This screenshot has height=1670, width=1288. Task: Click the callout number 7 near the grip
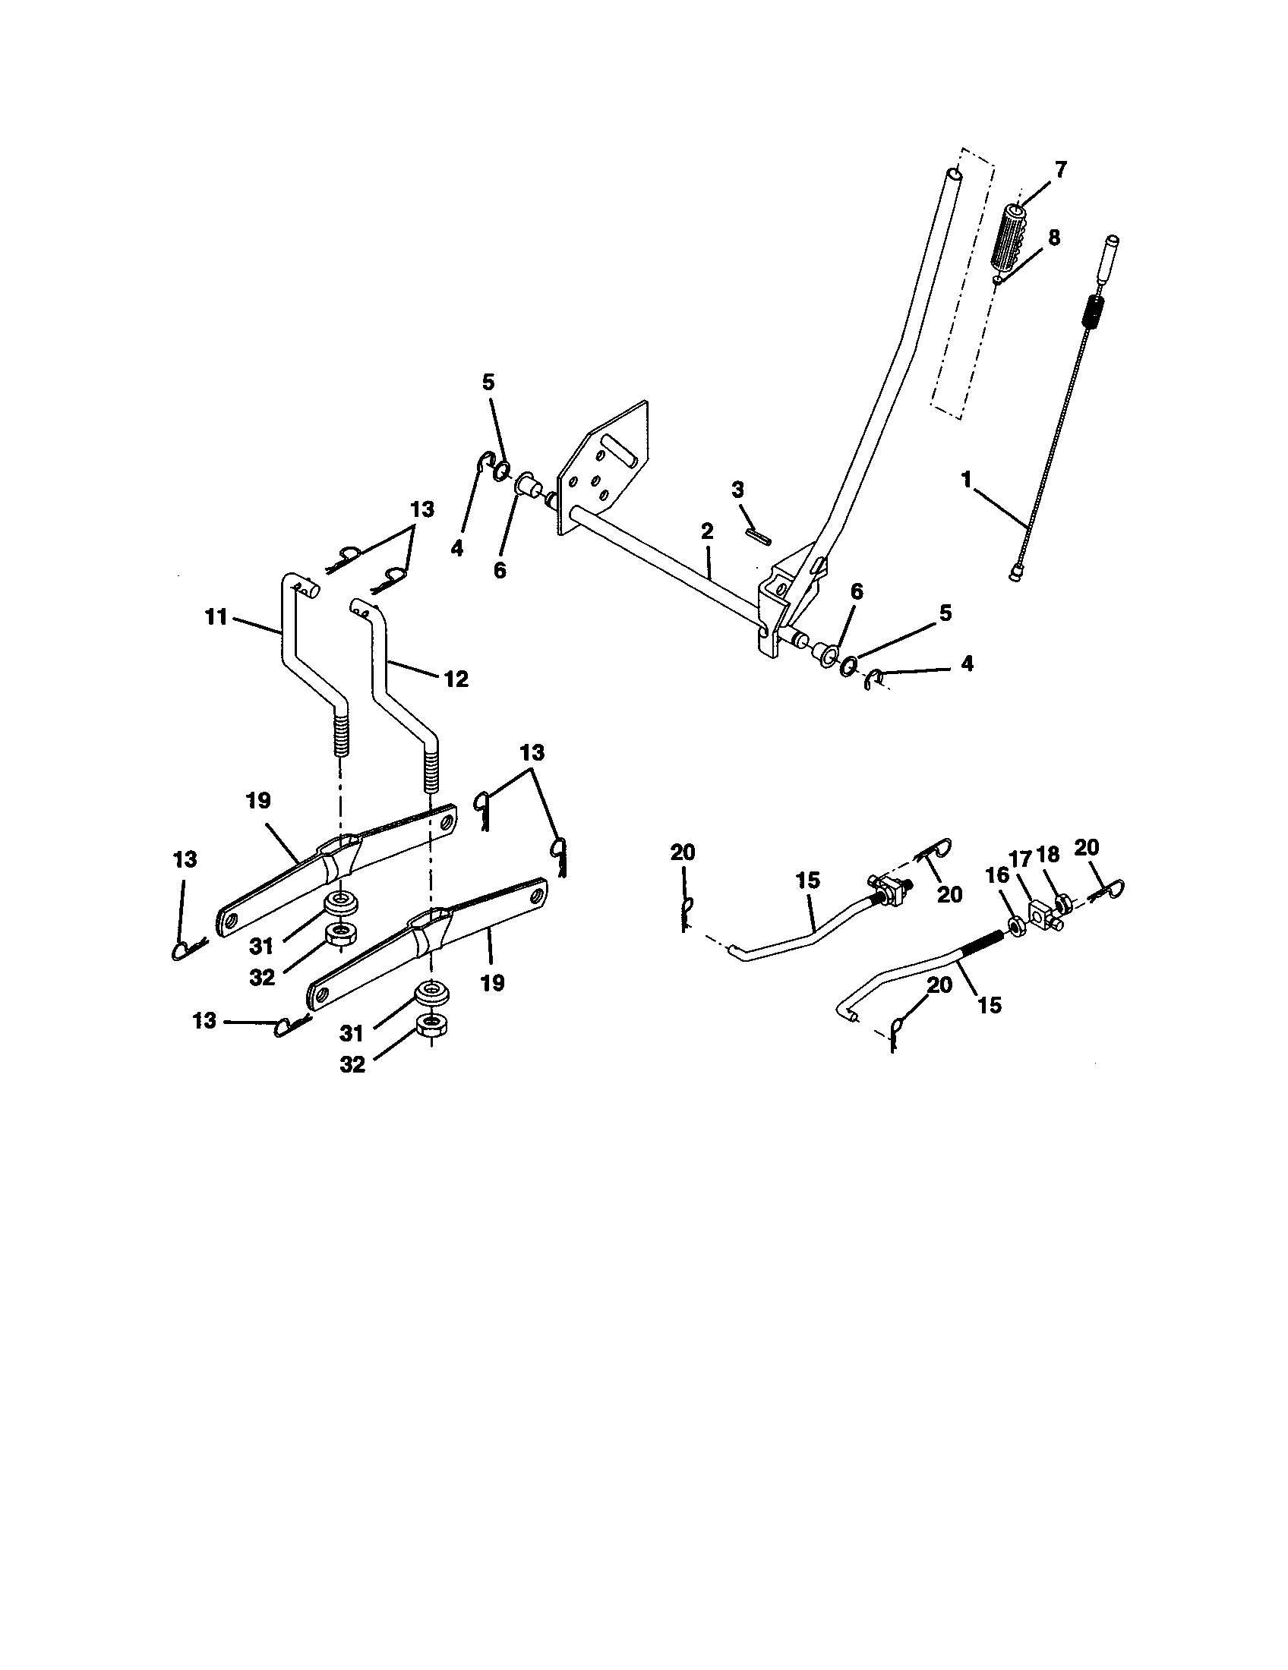pyautogui.click(x=1060, y=170)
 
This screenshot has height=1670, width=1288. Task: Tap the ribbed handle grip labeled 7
pyautogui.click(x=1008, y=237)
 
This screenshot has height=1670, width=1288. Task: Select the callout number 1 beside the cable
pyautogui.click(x=967, y=480)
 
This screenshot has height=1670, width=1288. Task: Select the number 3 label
pyautogui.click(x=737, y=490)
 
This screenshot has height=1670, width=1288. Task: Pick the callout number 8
pyautogui.click(x=1054, y=238)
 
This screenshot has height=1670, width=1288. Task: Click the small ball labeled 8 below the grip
pyautogui.click(x=997, y=281)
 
